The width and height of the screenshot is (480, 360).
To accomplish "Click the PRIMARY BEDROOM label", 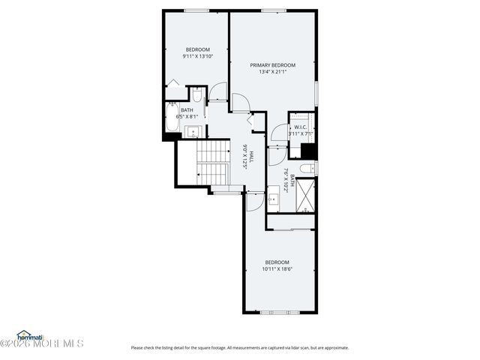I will [x=272, y=65].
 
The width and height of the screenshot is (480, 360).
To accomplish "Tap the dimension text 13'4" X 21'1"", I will [x=272, y=73].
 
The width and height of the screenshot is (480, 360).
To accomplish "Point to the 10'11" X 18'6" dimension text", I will [x=277, y=268].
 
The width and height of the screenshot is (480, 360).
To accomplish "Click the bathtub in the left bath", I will [x=171, y=120].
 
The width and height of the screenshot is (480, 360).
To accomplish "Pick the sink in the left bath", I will [x=194, y=132].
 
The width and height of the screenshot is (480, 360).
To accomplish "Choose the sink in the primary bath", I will [x=274, y=199].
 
